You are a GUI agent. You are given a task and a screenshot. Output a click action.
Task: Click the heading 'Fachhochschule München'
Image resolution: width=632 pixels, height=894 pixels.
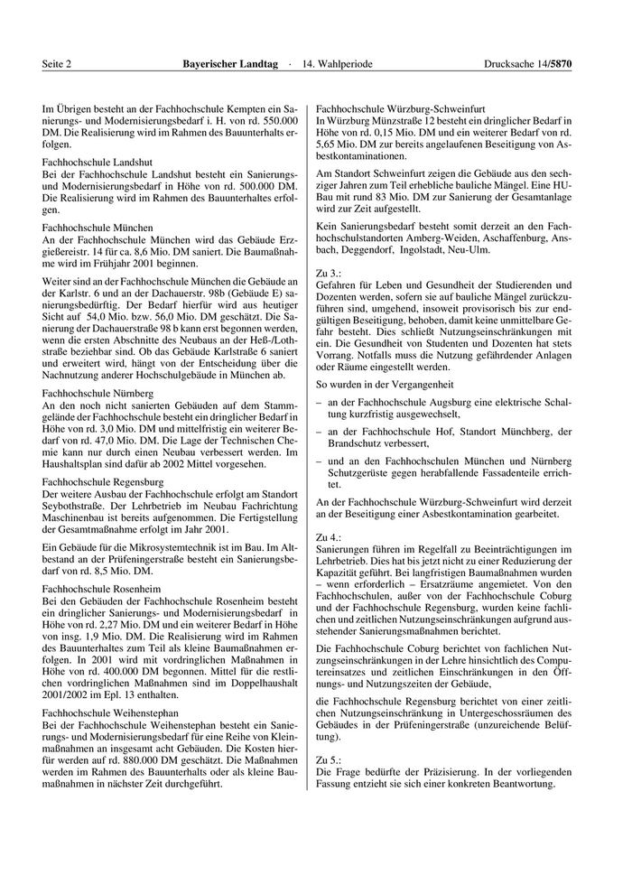(97, 228)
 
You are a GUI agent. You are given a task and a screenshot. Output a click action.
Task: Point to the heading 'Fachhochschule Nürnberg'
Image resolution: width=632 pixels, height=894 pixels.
(98, 395)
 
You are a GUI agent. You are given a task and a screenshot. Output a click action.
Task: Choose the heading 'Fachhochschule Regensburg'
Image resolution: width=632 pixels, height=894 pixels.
(101, 483)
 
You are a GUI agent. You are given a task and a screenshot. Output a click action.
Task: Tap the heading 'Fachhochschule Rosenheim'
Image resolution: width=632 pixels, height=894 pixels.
(100, 589)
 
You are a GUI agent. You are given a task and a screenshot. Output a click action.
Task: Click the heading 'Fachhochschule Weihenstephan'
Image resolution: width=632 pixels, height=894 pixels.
(107, 712)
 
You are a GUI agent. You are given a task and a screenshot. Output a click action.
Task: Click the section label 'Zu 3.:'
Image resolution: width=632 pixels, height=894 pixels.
(329, 272)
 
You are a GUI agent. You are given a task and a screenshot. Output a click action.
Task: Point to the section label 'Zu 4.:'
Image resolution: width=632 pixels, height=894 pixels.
(329, 537)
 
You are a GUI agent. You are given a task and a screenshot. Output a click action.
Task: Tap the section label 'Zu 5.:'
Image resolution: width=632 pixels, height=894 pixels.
(329, 761)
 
